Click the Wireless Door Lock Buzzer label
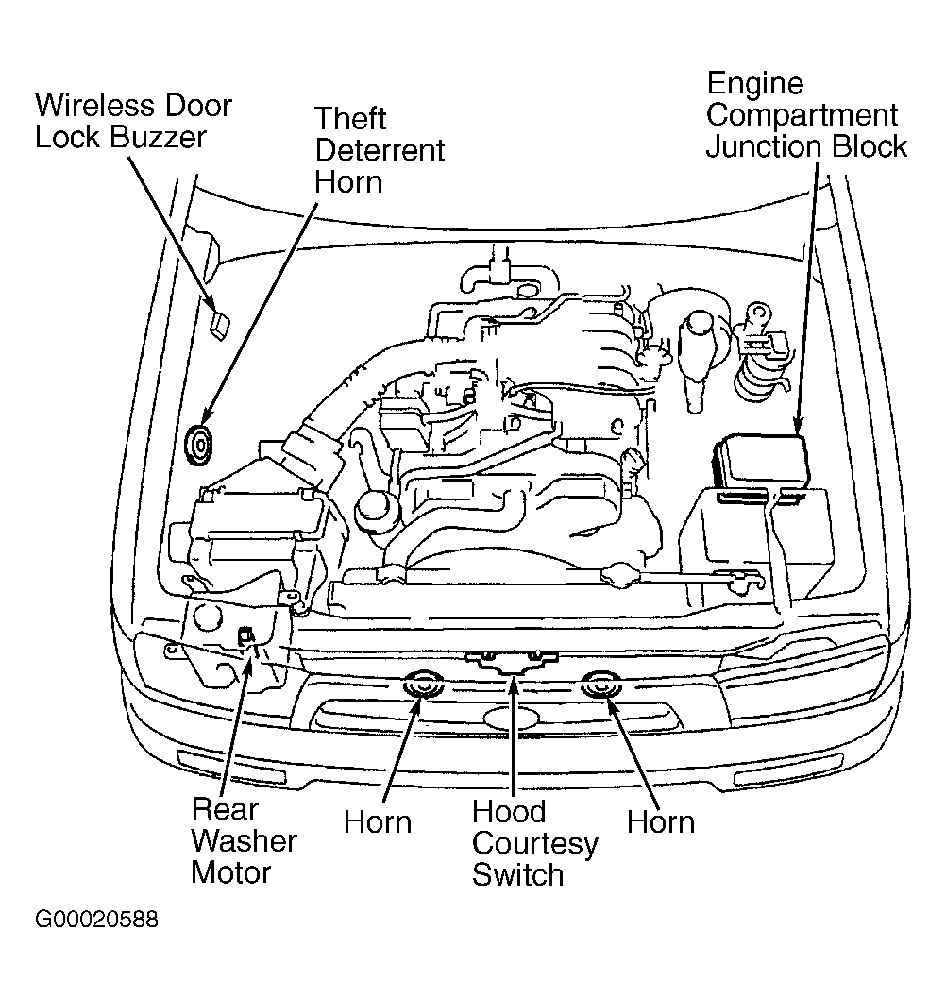point(133,121)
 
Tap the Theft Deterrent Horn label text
point(380,150)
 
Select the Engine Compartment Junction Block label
point(806,115)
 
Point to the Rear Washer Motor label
point(244,840)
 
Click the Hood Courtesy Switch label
point(534,843)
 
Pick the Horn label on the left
point(378,821)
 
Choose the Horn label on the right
point(660,821)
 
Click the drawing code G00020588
point(96,920)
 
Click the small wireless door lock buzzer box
point(220,325)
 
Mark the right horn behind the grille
point(600,686)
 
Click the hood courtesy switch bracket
point(511,662)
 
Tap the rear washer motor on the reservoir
point(246,635)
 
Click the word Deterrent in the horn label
point(380,150)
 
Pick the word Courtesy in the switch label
point(534,844)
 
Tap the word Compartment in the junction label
point(802,116)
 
